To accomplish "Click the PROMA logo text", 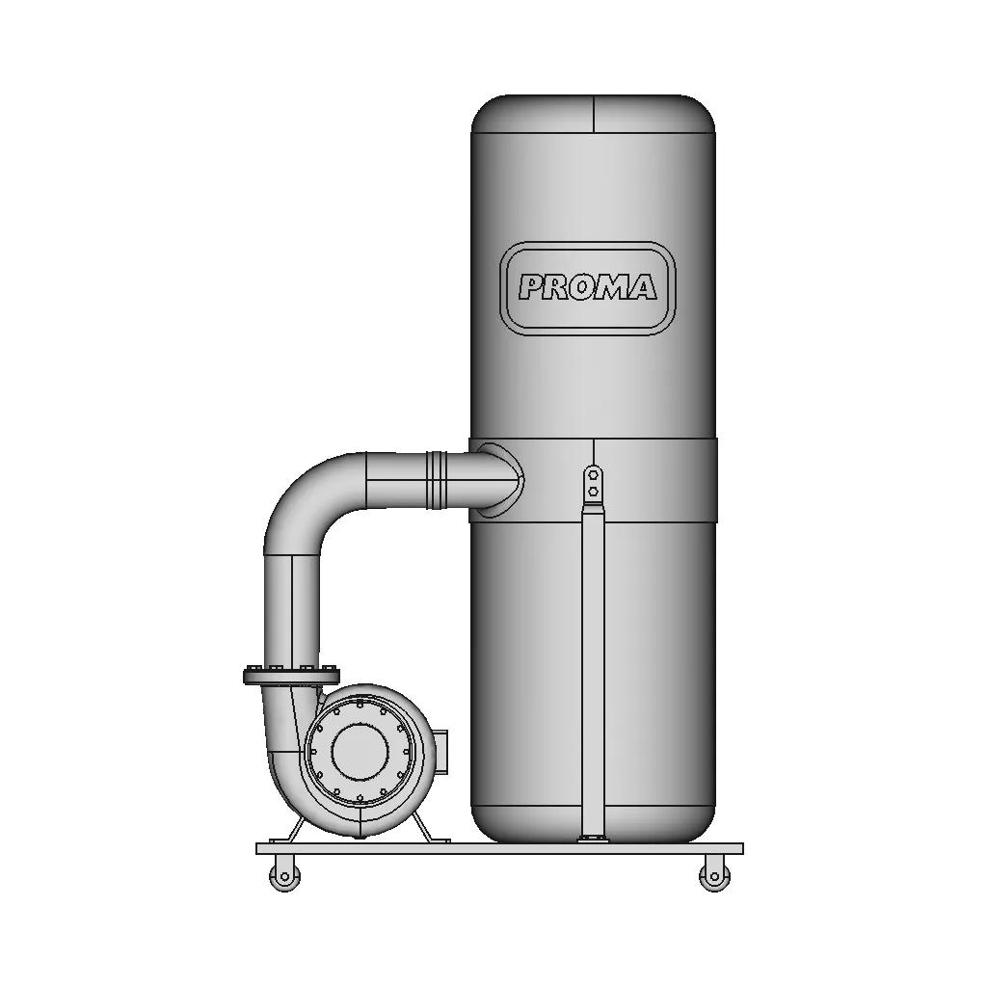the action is click(587, 287).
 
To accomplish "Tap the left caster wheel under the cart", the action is click(284, 875).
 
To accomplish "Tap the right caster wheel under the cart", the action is click(714, 875).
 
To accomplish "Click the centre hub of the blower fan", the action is click(360, 752).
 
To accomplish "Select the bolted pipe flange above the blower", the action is click(291, 675).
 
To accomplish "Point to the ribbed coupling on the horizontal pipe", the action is click(437, 480).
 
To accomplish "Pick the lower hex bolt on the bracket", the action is click(593, 491).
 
